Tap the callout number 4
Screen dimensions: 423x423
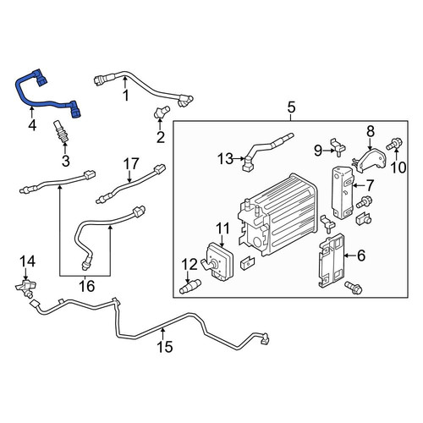tap(32, 125)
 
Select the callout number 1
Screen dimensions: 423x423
tap(126, 96)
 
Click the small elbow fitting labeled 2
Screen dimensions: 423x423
tap(162, 112)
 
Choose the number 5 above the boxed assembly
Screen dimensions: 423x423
tap(291, 107)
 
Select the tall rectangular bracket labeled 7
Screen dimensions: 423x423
tap(342, 192)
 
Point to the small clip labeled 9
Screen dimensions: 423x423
tap(338, 146)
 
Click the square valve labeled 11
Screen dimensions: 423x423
tap(218, 261)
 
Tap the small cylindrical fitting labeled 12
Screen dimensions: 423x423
tap(190, 286)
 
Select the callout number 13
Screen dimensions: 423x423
tap(225, 159)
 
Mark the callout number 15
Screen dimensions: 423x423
tap(165, 347)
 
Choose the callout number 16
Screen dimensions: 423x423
tap(86, 286)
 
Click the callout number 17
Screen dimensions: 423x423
tap(131, 163)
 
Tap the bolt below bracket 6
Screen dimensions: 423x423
tap(353, 288)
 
